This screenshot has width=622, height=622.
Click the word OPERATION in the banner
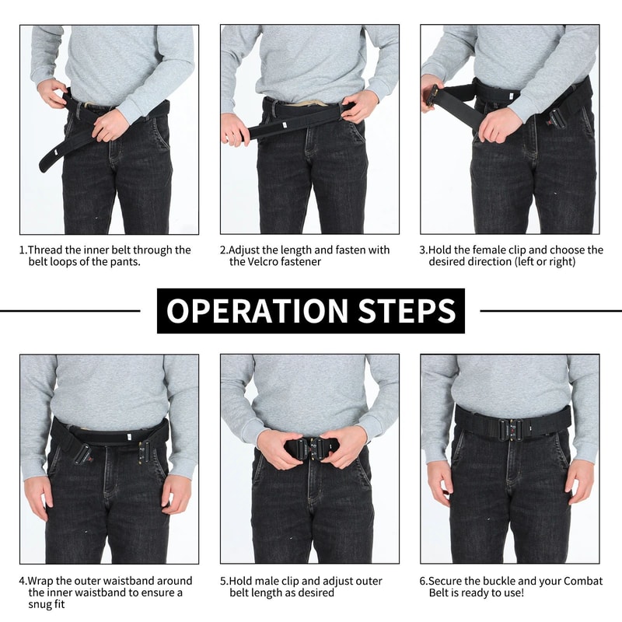click(x=257, y=311)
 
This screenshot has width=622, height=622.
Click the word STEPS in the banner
click(x=407, y=311)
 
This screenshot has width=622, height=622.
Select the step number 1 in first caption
click(x=23, y=250)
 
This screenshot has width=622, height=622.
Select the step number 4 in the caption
click(x=23, y=581)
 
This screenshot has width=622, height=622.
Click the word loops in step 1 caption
click(x=65, y=262)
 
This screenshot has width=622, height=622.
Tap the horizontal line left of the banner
click(x=70, y=311)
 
